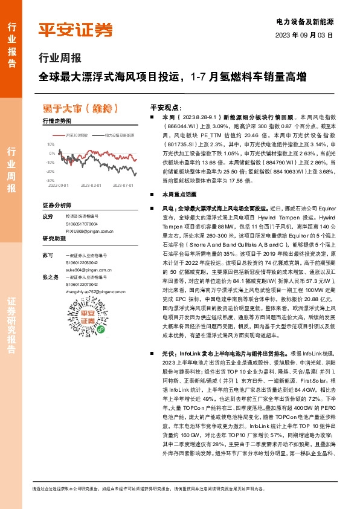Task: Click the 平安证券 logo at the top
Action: click(76, 30)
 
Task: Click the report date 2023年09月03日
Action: click(304, 35)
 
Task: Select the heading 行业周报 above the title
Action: click(59, 59)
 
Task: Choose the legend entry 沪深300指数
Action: click(76, 135)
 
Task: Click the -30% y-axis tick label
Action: click(50, 180)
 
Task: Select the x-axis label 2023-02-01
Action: click(90, 186)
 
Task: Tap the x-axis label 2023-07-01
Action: click(123, 186)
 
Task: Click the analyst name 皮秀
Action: click(48, 216)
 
